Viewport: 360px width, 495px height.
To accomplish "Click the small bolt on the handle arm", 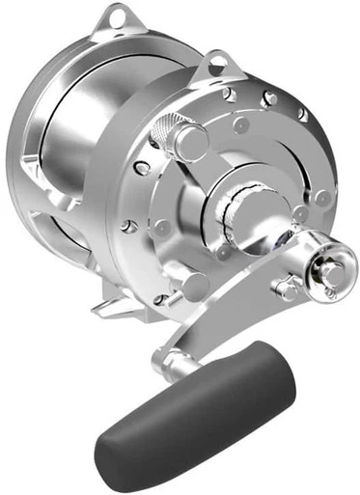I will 286,287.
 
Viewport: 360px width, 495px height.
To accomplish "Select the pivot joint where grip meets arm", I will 178,364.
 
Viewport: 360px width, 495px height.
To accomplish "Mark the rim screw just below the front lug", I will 230,95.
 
